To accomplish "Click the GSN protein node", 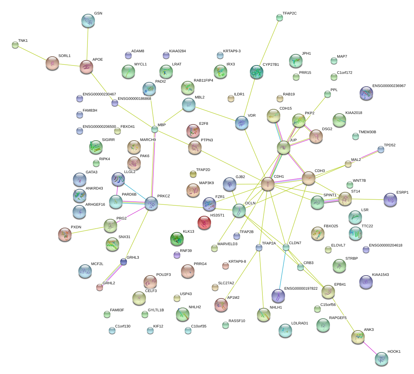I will coord(88,21).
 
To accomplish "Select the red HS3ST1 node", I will coord(204,223).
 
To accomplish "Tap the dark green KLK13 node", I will coord(177,239).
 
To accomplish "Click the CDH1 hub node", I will coord(268,184).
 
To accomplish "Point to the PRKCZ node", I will coord(151,204).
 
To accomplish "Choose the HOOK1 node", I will coord(382,359).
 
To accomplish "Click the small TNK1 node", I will coord(15,45).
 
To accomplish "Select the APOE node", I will coord(86,67).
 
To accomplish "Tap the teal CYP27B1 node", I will coord(257,72).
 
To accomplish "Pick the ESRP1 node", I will coord(390,200).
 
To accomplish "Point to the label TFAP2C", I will coord(289,13).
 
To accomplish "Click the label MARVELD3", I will coord(227,244).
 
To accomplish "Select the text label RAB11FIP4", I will coord(203,81).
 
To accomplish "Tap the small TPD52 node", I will coord(381,149).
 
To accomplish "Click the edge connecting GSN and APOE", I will coord(87,44).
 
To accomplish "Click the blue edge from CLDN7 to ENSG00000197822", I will coord(282,268).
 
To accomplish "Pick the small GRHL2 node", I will coord(100,287).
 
